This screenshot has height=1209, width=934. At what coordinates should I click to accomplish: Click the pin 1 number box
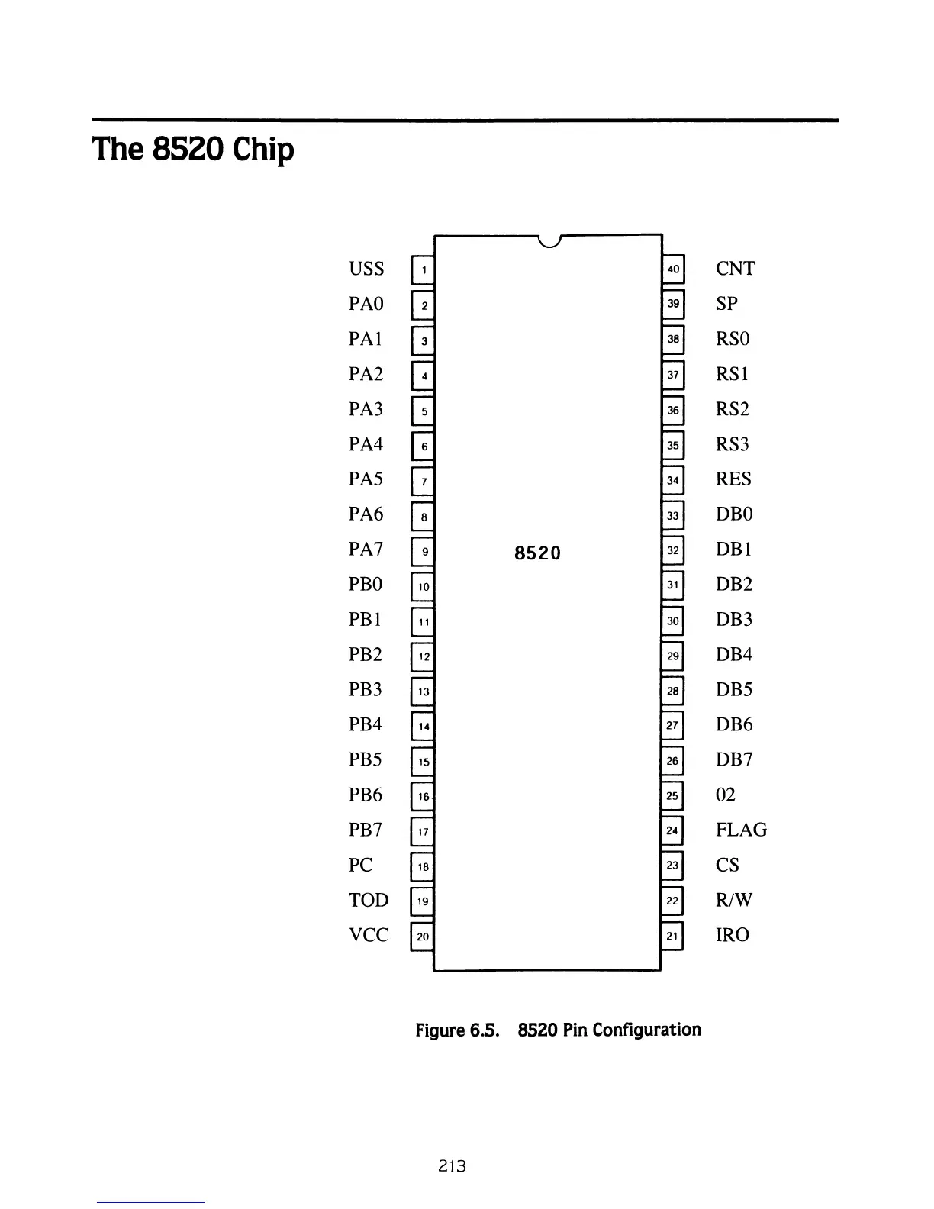[x=423, y=269]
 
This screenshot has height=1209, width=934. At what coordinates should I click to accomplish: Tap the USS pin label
[x=366, y=269]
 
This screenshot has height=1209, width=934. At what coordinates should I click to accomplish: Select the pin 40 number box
[x=673, y=269]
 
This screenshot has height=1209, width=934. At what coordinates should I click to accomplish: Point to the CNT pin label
[x=735, y=269]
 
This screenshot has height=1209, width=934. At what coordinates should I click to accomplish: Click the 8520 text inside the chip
[x=537, y=553]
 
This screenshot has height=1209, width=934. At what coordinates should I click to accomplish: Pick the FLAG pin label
[x=741, y=830]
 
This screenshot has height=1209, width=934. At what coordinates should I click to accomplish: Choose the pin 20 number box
[x=423, y=936]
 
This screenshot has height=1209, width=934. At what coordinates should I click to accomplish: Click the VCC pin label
[x=369, y=935]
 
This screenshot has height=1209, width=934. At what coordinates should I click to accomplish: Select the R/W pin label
[x=734, y=900]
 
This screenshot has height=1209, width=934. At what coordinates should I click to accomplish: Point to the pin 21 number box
[x=672, y=936]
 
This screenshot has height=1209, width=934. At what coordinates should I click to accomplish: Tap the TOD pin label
[x=369, y=900]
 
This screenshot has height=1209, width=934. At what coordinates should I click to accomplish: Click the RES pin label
[x=733, y=479]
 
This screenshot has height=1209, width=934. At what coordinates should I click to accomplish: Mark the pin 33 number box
[x=672, y=516]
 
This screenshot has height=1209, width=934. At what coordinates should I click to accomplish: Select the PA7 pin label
[x=366, y=549]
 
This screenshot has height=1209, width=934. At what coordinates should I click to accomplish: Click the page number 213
[x=452, y=1165]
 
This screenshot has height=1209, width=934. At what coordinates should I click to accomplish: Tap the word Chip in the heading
[x=263, y=150]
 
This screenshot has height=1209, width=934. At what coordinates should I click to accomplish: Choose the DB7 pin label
[x=734, y=759]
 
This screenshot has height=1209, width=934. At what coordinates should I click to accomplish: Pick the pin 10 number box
[x=423, y=586]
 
